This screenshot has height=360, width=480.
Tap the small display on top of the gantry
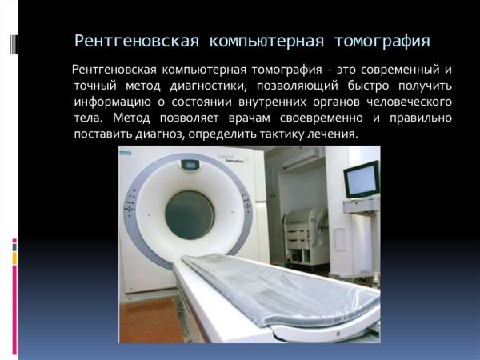pos(190,166)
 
